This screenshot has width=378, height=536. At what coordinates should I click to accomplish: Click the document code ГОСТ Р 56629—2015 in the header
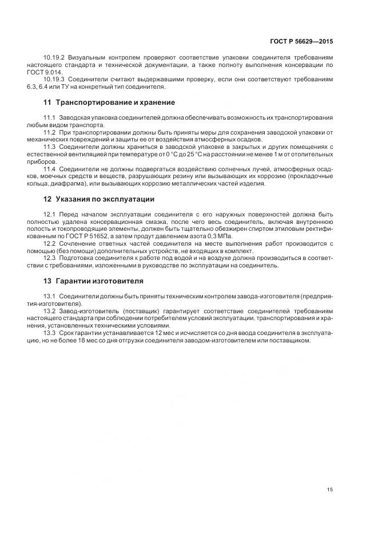[x=302, y=42]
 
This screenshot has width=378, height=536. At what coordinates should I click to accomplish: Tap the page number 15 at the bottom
[x=330, y=489]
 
